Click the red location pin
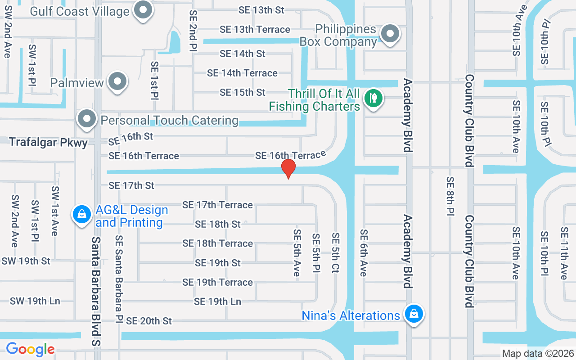(288, 168)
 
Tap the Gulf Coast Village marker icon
(144, 10)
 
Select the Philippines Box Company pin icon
(390, 34)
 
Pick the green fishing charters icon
(373, 98)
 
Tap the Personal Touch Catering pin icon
(86, 119)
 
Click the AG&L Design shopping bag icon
(81, 214)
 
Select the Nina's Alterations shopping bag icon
(413, 314)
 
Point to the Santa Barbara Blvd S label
(95, 292)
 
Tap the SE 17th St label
(131, 185)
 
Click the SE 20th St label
(149, 321)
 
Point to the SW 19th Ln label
(35, 301)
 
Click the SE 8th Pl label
(450, 196)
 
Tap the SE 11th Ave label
(564, 253)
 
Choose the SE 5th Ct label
(335, 253)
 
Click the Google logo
(30, 349)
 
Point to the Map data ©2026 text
(538, 354)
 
